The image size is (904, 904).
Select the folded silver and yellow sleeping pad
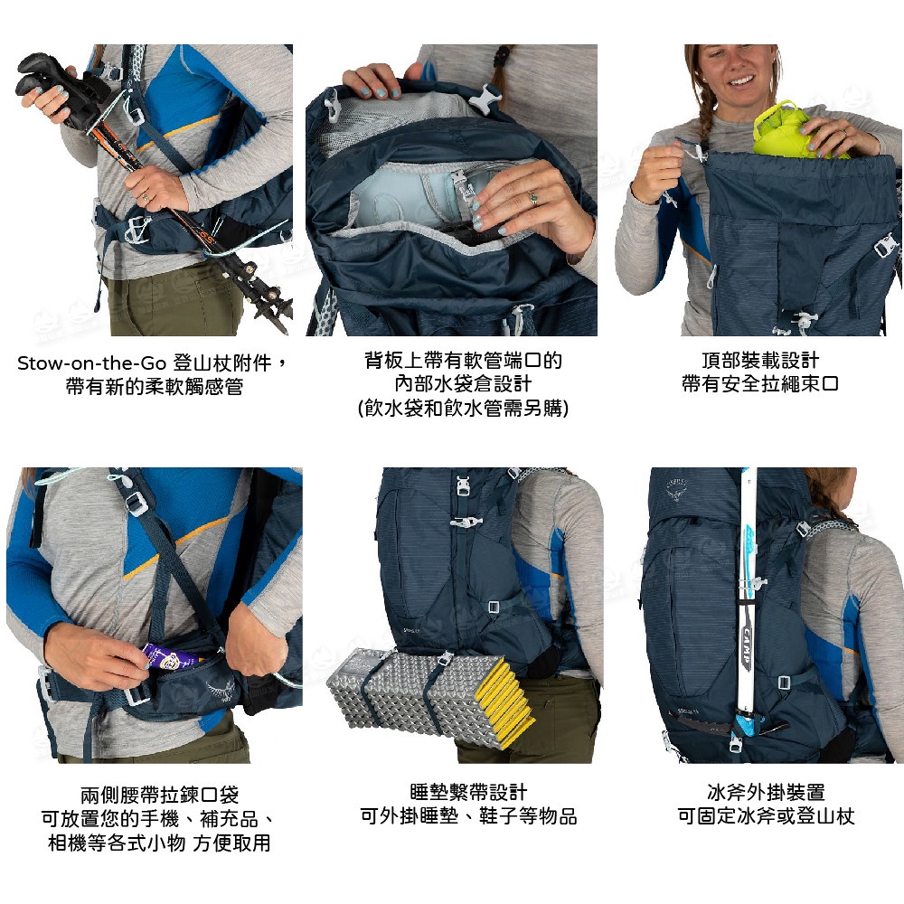point(430,698)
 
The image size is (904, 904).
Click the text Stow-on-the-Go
point(91,363)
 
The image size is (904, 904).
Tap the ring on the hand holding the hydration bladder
point(533,198)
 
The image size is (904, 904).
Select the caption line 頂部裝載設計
point(760,361)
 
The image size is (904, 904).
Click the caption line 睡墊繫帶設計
point(468,792)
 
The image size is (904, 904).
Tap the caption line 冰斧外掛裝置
point(766,792)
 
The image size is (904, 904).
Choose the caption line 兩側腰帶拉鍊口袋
point(160,795)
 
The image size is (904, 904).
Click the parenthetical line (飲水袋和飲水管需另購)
point(463,409)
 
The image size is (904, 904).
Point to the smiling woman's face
point(733,70)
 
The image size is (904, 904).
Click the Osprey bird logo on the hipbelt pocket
point(220,690)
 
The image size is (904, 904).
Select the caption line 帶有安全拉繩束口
point(760,384)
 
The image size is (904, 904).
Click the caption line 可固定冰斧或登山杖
point(766,816)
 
